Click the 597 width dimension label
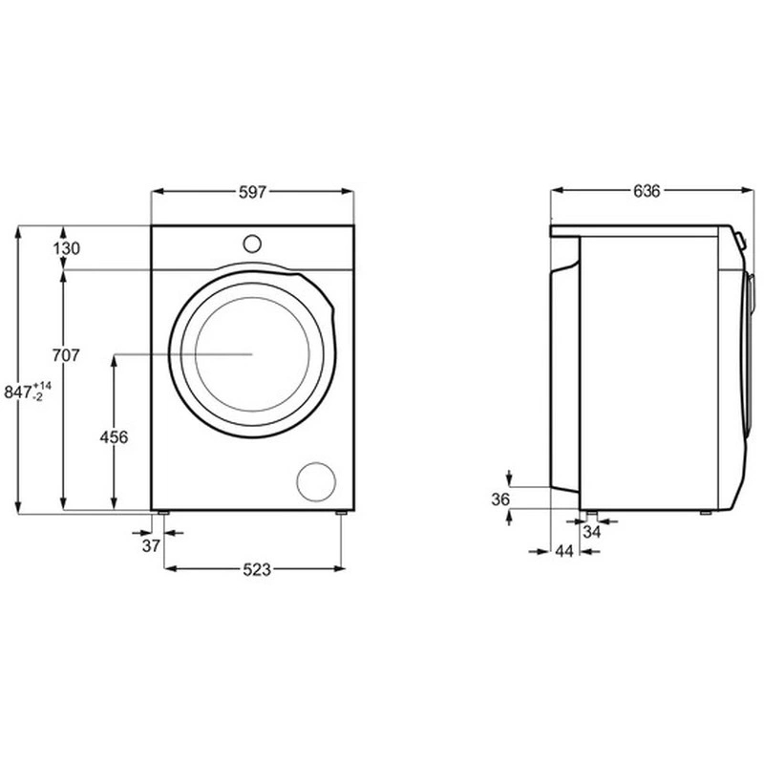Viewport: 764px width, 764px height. click(x=252, y=192)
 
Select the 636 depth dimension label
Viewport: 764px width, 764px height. click(x=647, y=191)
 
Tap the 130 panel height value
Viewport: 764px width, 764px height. click(x=66, y=248)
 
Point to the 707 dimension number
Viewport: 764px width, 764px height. click(x=66, y=355)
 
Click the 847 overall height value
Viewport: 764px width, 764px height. click(x=18, y=393)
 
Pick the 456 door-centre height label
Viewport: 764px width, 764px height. click(x=114, y=437)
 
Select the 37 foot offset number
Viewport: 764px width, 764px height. click(x=151, y=546)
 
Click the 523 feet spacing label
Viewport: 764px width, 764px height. click(x=257, y=569)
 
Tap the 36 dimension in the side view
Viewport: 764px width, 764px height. click(x=500, y=499)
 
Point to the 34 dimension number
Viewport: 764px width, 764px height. click(x=591, y=532)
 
